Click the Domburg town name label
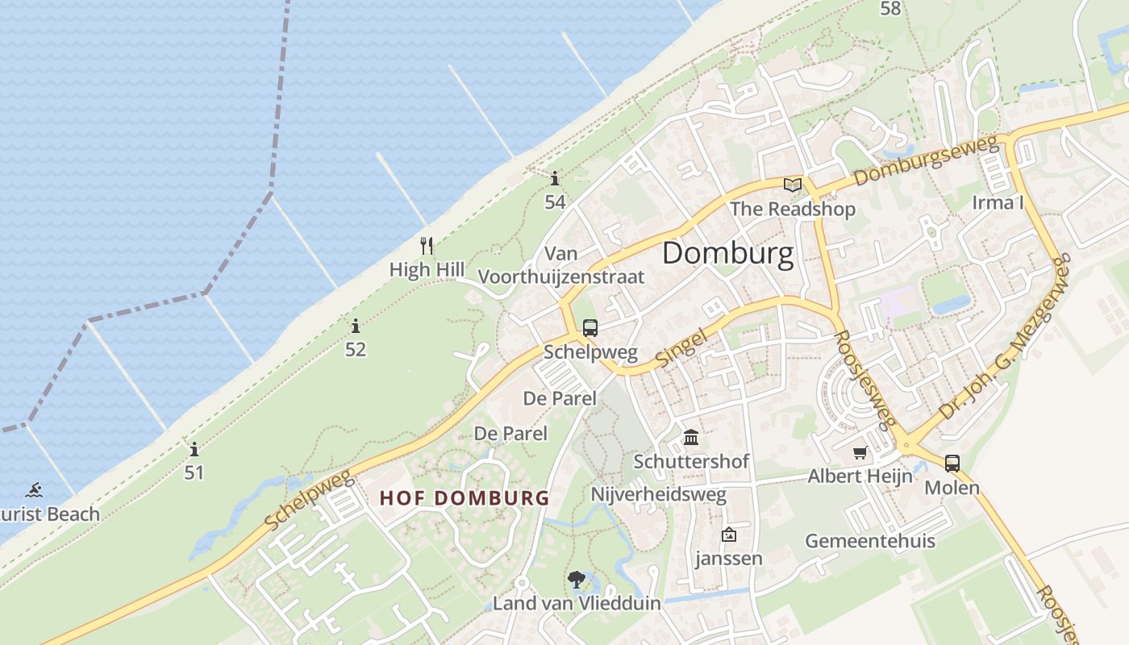coord(727,254)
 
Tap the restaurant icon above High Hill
coord(427,245)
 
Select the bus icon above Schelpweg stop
coord(590,328)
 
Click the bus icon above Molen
coord(952,464)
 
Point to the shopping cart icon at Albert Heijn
coord(860,452)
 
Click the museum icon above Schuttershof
coord(691,438)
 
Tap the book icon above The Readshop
coord(793,185)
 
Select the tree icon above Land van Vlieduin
coord(576,578)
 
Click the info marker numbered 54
coord(555,178)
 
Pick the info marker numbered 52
coord(356,326)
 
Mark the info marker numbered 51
coord(194,449)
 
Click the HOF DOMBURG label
coord(465,498)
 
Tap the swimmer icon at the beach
coord(34,490)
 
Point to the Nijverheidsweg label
coord(659,494)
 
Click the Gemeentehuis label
coord(870,540)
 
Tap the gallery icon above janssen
coord(729,534)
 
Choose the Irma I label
coord(998,202)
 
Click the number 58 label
coord(890,9)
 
